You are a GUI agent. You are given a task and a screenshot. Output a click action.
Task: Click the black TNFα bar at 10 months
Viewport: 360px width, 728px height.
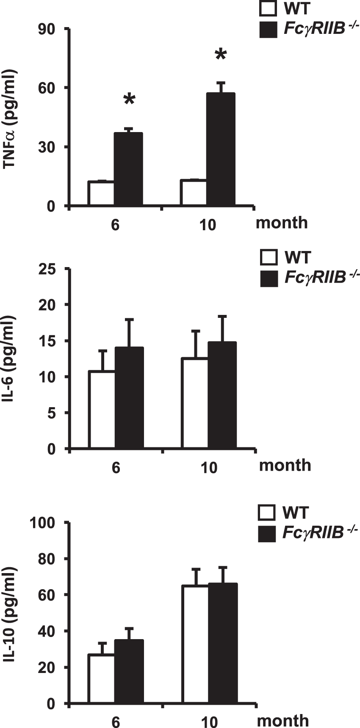221,150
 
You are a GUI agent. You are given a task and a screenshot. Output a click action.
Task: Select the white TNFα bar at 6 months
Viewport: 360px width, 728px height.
101,194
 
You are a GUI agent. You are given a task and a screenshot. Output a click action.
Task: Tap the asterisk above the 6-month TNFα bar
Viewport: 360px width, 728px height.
129,101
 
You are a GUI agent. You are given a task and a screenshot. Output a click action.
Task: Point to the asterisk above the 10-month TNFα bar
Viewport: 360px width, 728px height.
221,55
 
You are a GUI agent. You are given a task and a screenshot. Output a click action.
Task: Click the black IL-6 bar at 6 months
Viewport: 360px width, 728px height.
129,398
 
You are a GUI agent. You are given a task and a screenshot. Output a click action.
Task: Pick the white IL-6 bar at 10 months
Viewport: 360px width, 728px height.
195,403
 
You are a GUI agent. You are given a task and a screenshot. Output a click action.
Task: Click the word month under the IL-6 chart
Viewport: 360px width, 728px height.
285,465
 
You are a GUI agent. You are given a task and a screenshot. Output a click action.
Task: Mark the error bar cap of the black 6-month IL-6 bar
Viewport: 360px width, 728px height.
129,320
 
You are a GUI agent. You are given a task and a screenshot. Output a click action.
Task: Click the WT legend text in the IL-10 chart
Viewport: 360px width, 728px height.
296,513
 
